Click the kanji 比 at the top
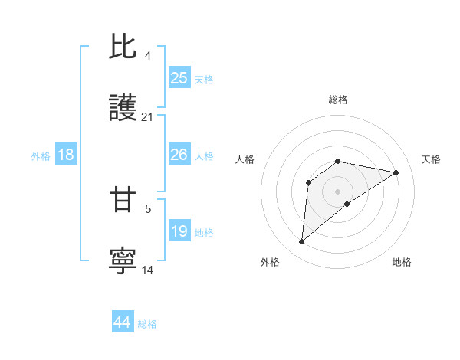(123, 47)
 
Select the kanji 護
(123, 108)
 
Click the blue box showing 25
(179, 78)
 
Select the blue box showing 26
(179, 155)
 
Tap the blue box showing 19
(179, 231)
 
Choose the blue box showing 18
(66, 155)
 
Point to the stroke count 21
(148, 117)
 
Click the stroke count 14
(148, 270)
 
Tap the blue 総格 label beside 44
(147, 324)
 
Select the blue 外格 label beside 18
(41, 156)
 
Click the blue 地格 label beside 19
(204, 233)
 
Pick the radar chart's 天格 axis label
(431, 159)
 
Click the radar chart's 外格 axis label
(270, 263)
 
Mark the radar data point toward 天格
(396, 172)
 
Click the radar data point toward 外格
(301, 242)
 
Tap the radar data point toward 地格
(347, 203)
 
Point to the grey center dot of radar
(338, 191)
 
